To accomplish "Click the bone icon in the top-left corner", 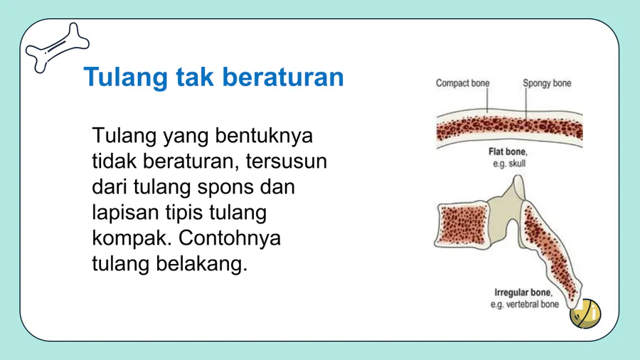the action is pos(57,48).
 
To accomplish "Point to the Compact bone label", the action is pos(462,83).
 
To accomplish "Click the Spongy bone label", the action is pos(547,84).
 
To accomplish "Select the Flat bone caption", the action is pos(508,152).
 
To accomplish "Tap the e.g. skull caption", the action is pos(509,164).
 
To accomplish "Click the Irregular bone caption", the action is pos(523,292).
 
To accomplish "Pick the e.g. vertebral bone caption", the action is pos(525,305).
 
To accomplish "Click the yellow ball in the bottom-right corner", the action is pos(585,314).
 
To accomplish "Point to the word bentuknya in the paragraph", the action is pos(264,136).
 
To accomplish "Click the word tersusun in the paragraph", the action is pos(286,162).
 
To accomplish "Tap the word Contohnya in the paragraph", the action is pos(230,238).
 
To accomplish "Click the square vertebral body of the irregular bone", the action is pos(463,224).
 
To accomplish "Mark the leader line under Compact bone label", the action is pos(487,100).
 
